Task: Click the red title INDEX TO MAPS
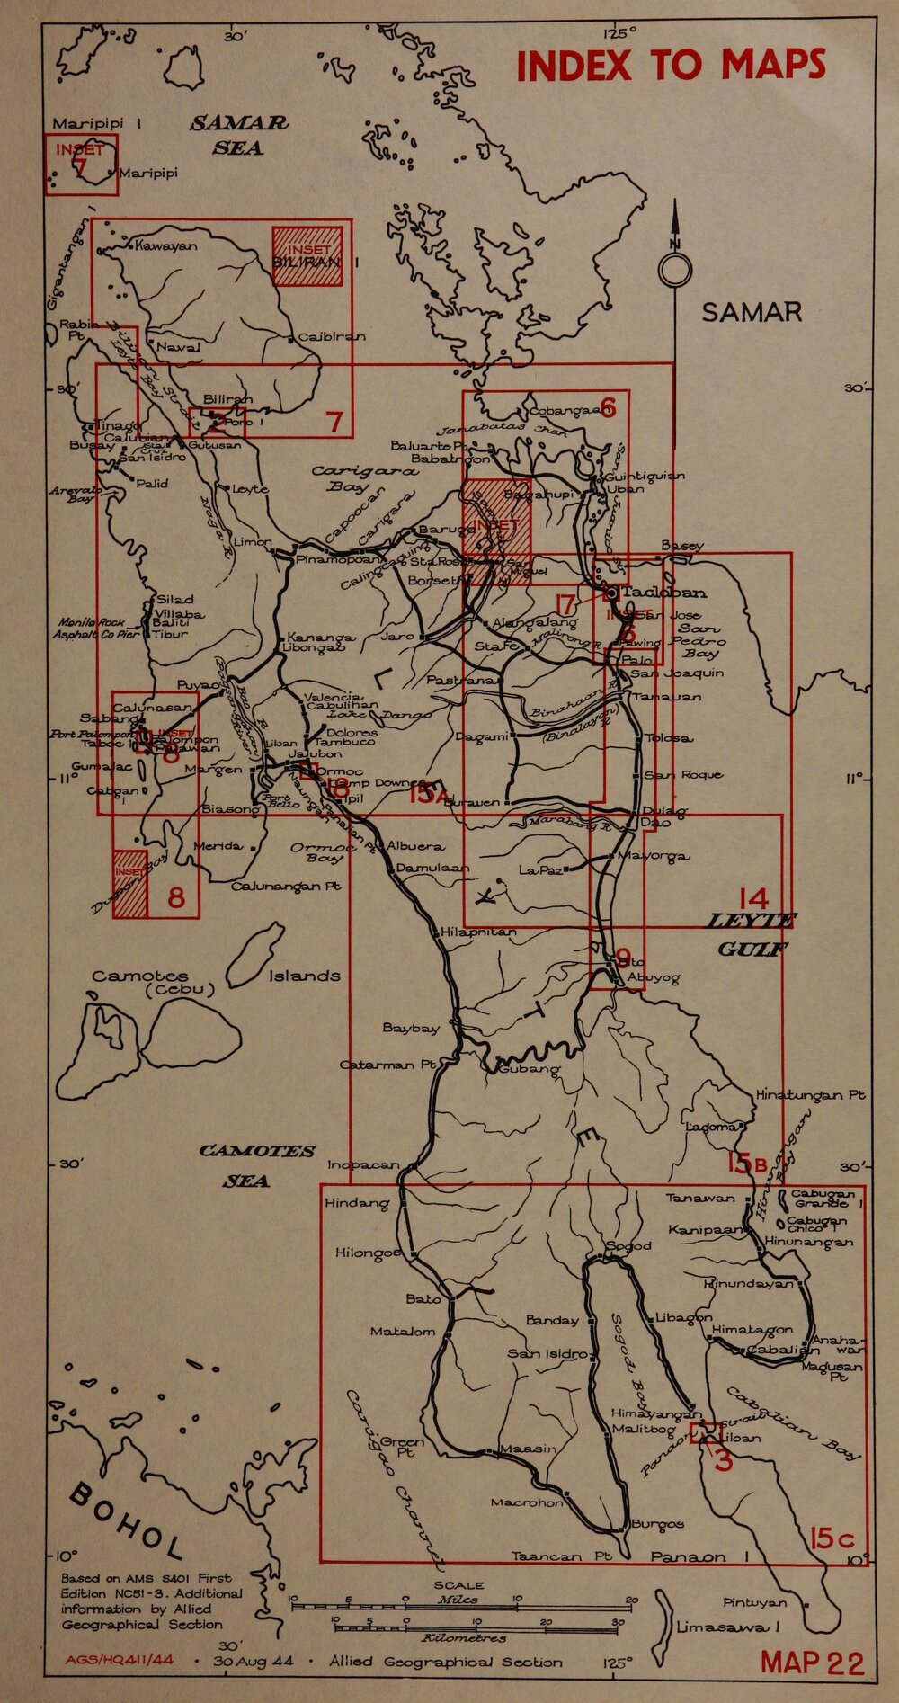click(671, 65)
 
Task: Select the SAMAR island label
click(751, 312)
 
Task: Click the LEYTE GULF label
click(751, 935)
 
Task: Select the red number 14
click(752, 897)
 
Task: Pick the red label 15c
click(832, 1538)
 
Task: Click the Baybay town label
click(411, 1027)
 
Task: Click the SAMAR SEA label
click(239, 136)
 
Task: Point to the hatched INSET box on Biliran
click(308, 256)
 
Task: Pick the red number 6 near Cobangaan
click(608, 408)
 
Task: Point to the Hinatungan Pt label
click(810, 1095)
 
